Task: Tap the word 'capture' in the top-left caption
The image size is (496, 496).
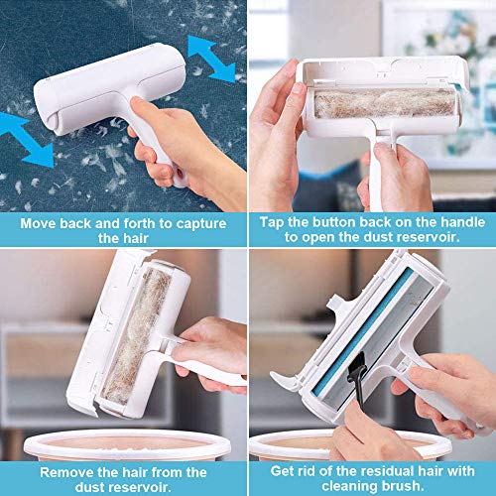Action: (x=201, y=224)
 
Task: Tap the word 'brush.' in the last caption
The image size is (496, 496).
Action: (x=403, y=486)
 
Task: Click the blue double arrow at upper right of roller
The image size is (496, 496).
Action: (x=211, y=60)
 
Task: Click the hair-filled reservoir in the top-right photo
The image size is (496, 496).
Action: (x=385, y=102)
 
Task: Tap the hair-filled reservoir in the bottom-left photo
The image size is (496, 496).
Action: (x=137, y=335)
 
